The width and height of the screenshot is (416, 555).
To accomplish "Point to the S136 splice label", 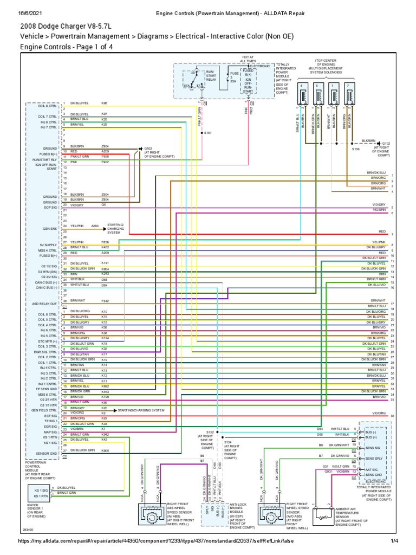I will [356, 149].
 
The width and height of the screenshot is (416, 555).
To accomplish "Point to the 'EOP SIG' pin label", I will [50, 207].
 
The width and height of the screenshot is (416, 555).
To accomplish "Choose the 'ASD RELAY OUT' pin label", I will [47, 304].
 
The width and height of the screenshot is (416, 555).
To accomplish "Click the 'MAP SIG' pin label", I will [51, 431].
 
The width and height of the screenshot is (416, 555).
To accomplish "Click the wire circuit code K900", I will [105, 450].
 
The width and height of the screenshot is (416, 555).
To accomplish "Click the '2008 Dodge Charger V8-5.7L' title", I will [69, 25].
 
